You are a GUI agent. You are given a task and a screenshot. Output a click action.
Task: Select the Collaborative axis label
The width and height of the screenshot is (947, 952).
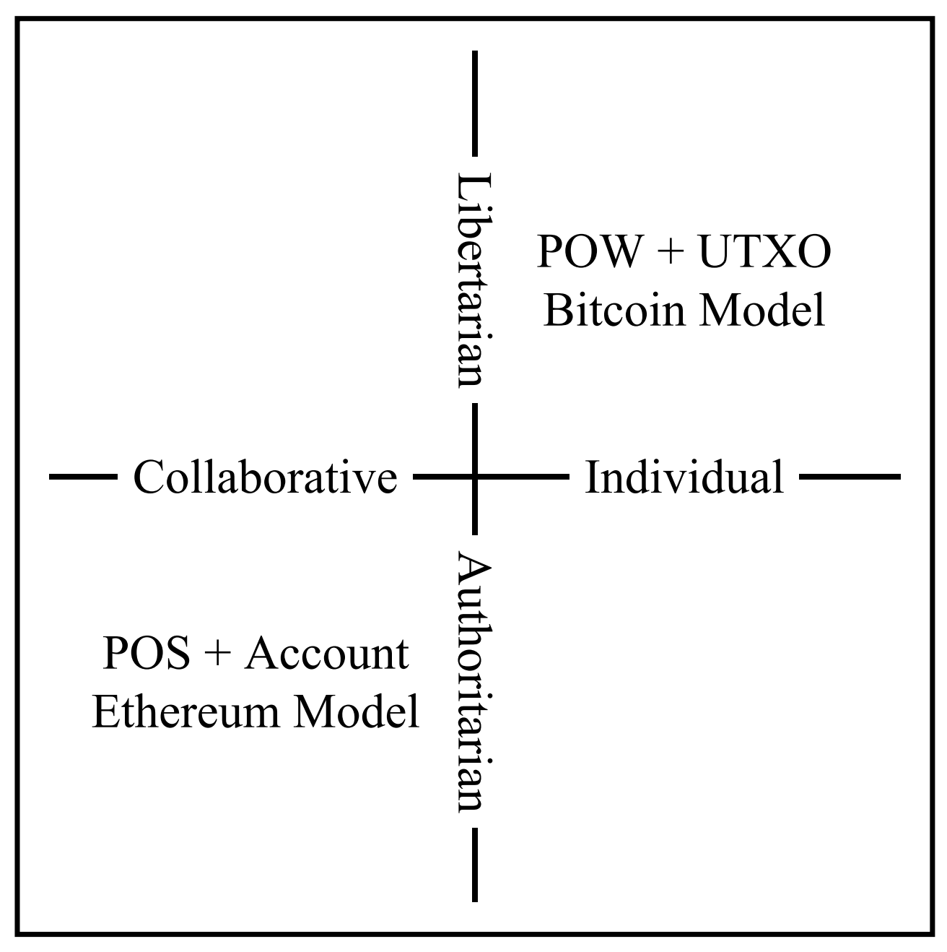coord(265,477)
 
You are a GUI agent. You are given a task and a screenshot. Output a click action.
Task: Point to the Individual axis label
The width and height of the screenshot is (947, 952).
coord(684,477)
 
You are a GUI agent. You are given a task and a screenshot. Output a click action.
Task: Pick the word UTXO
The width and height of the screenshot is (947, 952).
coord(765,253)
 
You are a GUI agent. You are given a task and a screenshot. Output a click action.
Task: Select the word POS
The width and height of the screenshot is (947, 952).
coord(147,654)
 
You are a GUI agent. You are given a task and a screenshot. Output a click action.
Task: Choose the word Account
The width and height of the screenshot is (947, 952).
coord(327,654)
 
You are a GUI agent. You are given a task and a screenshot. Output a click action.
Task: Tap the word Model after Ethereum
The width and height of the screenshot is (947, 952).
coord(357,711)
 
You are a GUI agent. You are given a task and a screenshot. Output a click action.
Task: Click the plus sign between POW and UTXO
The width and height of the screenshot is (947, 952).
coord(671,254)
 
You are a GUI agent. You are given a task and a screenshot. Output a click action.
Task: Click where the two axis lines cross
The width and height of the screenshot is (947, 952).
coord(474,477)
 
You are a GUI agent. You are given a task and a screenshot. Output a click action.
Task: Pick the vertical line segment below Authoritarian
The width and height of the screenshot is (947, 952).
coord(474,864)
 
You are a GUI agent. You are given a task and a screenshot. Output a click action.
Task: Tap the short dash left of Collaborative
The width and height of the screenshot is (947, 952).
coord(83,477)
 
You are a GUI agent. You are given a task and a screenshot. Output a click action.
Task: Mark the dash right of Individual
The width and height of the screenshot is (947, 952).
coord(850,477)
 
